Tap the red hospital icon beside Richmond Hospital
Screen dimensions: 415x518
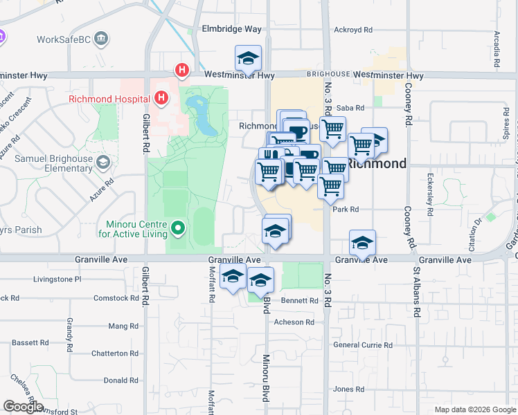[x=161, y=98]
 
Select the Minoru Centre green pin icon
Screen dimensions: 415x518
[x=178, y=227]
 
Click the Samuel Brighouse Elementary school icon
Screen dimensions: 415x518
[x=103, y=162]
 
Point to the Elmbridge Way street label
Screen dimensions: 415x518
[x=231, y=29]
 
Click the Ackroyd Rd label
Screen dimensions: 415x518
[x=353, y=30]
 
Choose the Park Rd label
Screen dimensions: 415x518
[x=345, y=209]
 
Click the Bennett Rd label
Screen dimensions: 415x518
[x=299, y=301]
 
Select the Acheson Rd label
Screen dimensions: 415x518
[x=294, y=322]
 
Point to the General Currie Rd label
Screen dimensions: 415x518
[x=362, y=344]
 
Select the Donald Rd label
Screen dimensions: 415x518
[x=121, y=380]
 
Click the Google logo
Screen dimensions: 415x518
[x=23, y=407]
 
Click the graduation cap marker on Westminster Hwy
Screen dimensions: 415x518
[x=248, y=59]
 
